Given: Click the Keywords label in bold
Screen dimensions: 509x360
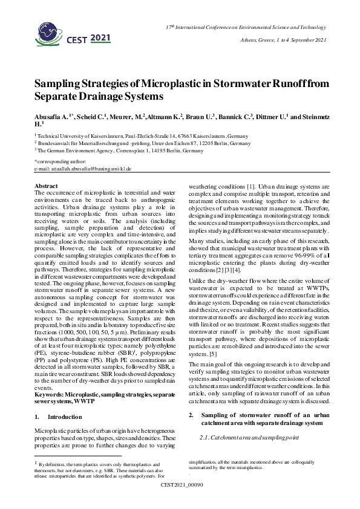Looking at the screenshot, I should (x=50, y=377).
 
